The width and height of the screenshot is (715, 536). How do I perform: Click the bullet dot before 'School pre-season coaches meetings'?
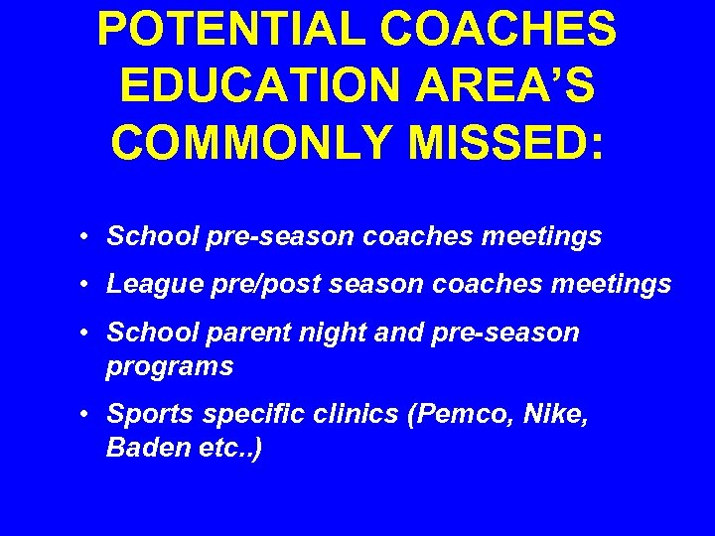click(x=88, y=237)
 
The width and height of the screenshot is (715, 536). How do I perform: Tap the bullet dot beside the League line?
click(x=88, y=285)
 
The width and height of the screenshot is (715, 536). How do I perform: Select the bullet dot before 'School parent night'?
click(x=88, y=333)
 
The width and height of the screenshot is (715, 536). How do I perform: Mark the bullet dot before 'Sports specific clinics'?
click(x=88, y=414)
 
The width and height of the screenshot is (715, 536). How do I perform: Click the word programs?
click(x=170, y=366)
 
